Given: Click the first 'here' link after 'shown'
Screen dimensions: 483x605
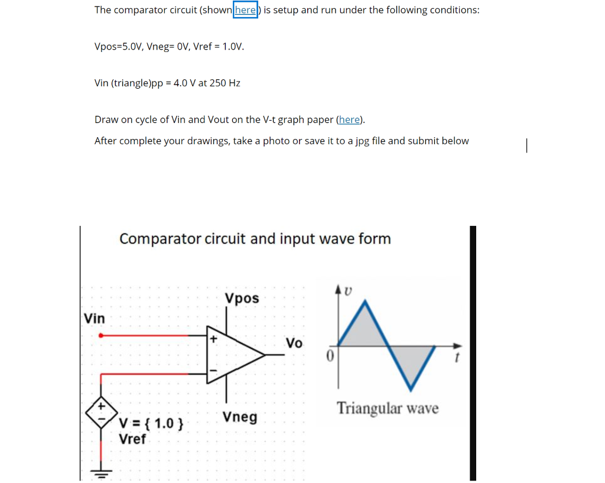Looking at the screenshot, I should (245, 10).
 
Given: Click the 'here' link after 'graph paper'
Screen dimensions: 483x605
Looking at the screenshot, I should (349, 119).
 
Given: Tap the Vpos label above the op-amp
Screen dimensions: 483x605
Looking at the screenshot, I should (242, 298).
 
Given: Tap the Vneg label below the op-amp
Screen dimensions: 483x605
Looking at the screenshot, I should (240, 417).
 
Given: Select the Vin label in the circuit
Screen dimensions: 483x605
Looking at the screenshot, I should (95, 319).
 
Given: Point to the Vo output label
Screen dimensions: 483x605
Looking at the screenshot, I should (294, 343).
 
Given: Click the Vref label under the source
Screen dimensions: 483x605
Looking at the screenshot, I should (132, 439).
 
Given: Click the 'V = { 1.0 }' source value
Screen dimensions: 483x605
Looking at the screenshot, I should (151, 423).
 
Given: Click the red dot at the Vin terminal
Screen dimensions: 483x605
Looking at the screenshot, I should (101, 335).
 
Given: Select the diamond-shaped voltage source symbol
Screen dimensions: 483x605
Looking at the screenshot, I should (101, 413).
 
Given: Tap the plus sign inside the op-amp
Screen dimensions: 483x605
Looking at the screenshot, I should (213, 339).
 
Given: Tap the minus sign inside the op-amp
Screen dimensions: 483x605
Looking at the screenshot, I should (213, 371).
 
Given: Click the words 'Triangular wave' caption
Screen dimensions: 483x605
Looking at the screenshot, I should (388, 409).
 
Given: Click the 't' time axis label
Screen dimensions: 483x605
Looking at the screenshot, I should (456, 357).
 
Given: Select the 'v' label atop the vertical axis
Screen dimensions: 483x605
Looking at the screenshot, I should (348, 290).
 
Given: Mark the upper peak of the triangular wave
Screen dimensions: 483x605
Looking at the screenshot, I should (366, 302).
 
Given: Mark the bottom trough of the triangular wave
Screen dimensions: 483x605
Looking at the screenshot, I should (412, 390).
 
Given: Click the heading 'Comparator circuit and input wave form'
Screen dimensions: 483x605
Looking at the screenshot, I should (255, 239).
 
